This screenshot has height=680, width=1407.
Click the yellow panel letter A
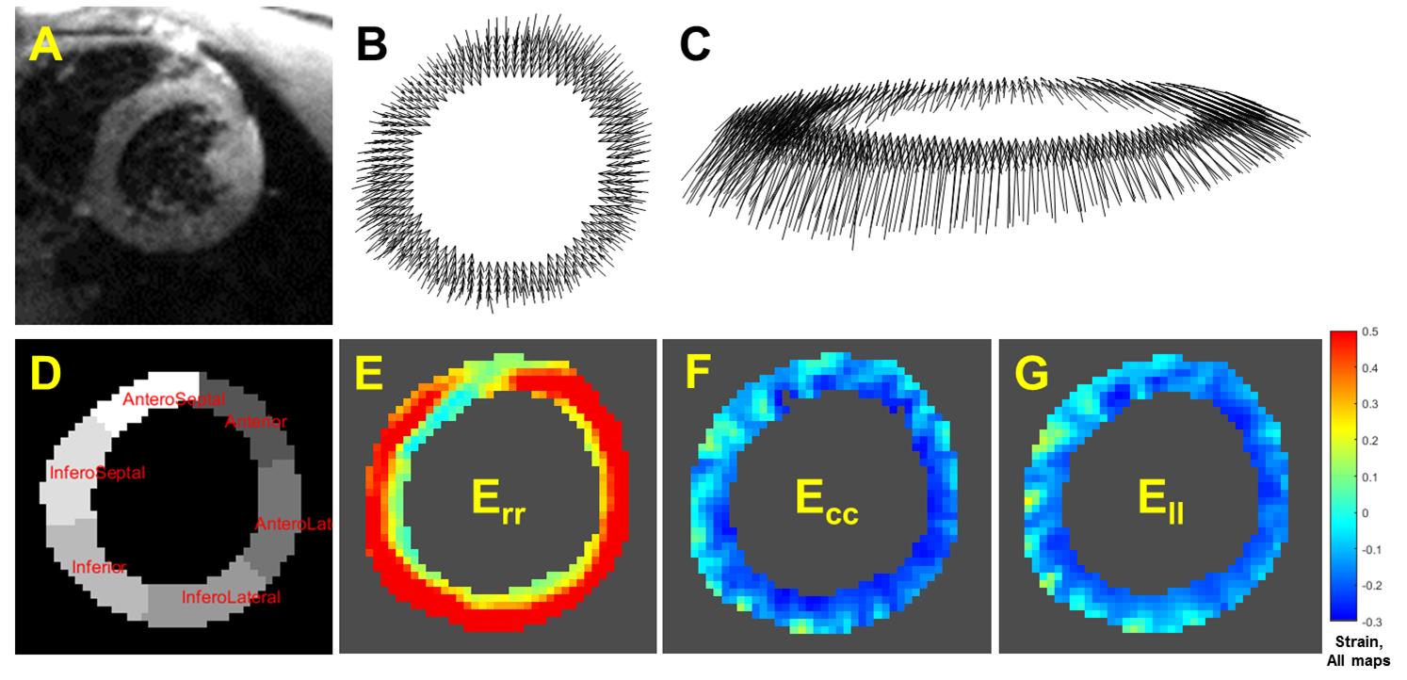(46, 44)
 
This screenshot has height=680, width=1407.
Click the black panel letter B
(372, 44)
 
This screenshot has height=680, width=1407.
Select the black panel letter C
(695, 44)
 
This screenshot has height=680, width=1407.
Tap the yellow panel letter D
(46, 374)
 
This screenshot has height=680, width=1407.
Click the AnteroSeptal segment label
(174, 399)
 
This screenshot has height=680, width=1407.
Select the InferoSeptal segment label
(98, 473)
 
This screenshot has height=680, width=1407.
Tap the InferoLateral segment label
(231, 597)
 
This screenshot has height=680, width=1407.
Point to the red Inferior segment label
(99, 566)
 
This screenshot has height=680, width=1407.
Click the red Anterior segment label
(255, 421)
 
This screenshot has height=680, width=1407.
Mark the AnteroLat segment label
(294, 523)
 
